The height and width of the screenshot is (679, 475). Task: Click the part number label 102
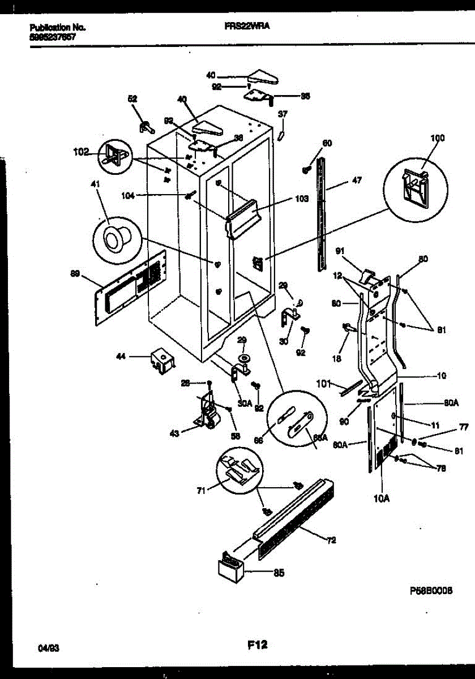coord(81,152)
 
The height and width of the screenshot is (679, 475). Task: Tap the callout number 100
coord(437,138)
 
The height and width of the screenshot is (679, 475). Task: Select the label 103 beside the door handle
coord(301,199)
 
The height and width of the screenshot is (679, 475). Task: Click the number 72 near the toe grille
coord(331,540)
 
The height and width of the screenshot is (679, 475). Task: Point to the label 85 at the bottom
coord(278,573)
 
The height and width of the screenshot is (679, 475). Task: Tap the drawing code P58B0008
coord(431,590)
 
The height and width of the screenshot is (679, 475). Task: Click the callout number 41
coord(95,183)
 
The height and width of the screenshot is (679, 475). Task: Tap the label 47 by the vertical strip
coord(356,181)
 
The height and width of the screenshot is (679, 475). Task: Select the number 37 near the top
coord(283,114)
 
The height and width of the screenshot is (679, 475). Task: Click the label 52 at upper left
coord(132,98)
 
